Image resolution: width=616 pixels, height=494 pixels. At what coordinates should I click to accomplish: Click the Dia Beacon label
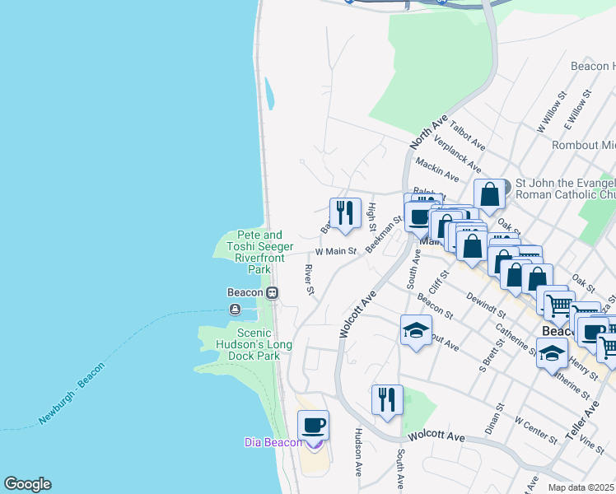[273, 442]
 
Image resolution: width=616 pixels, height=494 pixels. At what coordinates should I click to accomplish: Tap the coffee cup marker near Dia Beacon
[313, 426]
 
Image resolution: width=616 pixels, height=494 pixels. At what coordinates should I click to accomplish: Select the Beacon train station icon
[271, 292]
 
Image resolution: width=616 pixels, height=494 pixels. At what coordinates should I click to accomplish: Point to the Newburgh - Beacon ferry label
[72, 394]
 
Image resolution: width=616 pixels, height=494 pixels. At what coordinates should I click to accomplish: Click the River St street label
[310, 280]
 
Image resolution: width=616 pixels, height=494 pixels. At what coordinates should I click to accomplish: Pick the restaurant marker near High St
[345, 213]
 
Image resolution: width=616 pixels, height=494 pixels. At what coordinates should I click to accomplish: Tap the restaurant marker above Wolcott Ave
[387, 400]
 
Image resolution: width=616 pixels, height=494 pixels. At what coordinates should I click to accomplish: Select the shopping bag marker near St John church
[489, 196]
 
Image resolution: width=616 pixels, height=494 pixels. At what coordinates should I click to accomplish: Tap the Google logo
[27, 484]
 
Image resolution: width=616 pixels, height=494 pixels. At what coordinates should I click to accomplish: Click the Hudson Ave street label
[358, 452]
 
